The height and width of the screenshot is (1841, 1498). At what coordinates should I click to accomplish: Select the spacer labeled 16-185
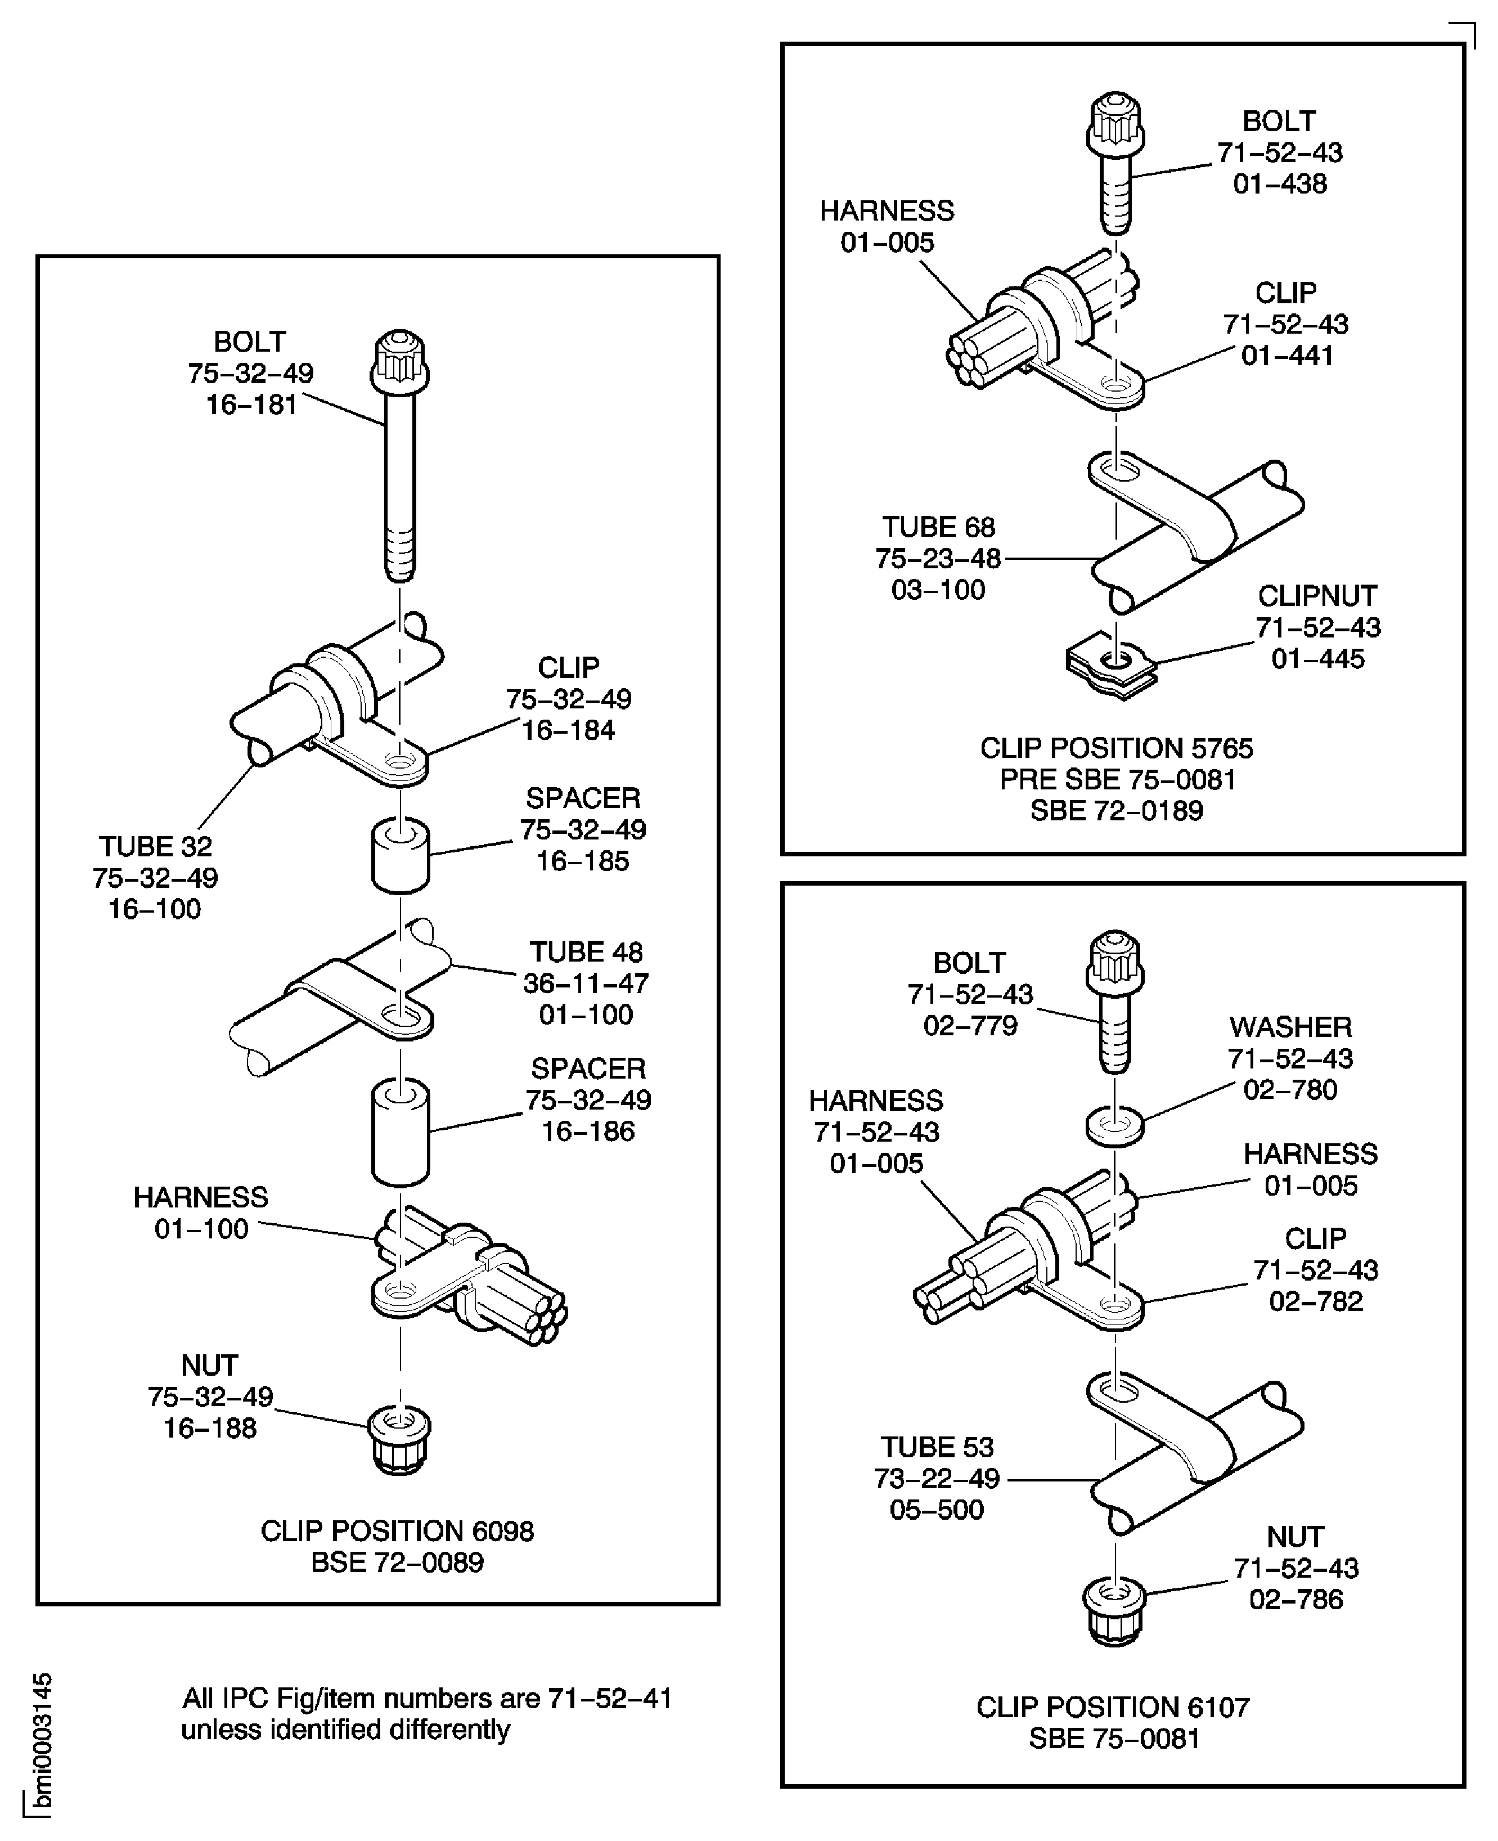[x=401, y=856]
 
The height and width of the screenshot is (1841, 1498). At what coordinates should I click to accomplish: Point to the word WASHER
[x=1290, y=1026]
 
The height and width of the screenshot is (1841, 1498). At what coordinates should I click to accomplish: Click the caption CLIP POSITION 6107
[x=1112, y=1707]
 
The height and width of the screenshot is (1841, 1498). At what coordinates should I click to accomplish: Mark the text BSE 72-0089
[x=397, y=1562]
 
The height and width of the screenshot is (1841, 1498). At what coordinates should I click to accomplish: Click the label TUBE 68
[x=938, y=527]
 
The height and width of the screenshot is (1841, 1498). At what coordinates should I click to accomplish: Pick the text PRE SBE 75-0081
[x=1118, y=779]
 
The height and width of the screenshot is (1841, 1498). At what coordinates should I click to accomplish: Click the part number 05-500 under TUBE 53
[x=936, y=1510]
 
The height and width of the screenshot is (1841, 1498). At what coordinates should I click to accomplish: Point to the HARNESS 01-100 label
[x=201, y=1213]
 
